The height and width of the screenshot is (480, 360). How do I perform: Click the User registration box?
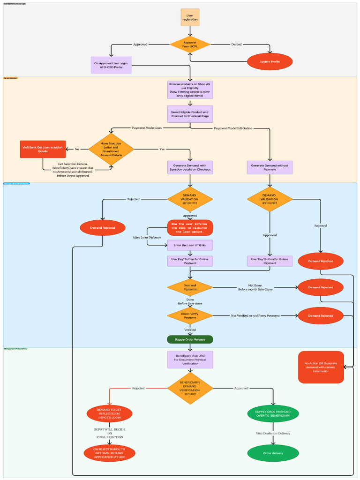(x=190, y=17)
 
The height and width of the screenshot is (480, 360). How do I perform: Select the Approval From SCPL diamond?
(x=190, y=45)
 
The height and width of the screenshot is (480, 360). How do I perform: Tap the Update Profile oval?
(x=270, y=62)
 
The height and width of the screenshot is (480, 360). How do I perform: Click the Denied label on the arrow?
(x=237, y=45)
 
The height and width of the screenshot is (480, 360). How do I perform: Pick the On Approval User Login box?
(x=111, y=65)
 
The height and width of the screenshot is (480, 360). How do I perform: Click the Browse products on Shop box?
(x=190, y=90)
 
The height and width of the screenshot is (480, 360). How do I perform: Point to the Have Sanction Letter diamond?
(x=111, y=149)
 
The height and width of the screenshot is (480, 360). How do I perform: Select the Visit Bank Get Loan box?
(x=43, y=149)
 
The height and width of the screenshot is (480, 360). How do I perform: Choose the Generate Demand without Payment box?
(x=270, y=167)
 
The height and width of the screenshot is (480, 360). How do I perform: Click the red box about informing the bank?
(x=190, y=228)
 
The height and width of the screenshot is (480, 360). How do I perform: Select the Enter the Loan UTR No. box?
(x=190, y=245)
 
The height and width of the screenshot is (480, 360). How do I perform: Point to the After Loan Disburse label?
(x=147, y=237)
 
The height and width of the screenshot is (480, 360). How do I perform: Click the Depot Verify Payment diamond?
(x=190, y=315)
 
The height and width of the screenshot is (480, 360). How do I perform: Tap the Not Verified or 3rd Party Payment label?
(x=255, y=315)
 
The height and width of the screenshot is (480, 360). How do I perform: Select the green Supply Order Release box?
(x=190, y=339)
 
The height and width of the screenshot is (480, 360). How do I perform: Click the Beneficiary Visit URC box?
(x=190, y=360)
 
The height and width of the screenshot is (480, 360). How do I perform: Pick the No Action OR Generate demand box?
(x=321, y=367)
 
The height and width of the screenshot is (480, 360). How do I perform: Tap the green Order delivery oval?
(x=273, y=453)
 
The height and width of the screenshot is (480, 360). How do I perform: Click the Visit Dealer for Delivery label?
(x=273, y=433)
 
